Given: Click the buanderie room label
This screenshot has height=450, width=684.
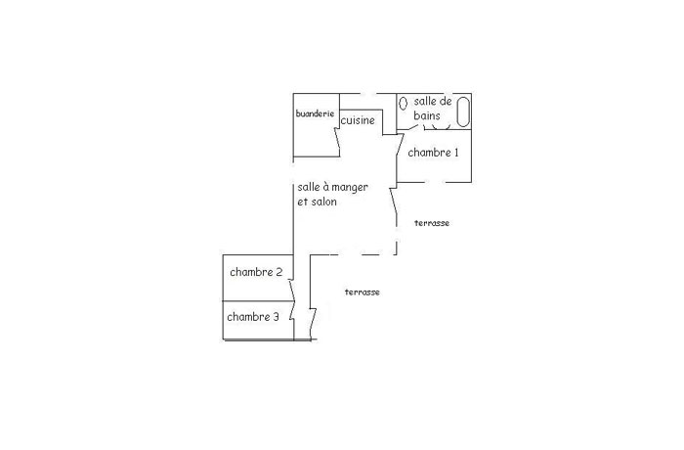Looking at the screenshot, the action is pyautogui.click(x=315, y=113).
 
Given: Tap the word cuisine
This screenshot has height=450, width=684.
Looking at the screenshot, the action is pyautogui.click(x=358, y=120).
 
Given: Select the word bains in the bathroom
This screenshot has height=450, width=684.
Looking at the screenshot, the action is pyautogui.click(x=427, y=115).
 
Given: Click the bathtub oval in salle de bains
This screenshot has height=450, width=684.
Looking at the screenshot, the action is pyautogui.click(x=463, y=112).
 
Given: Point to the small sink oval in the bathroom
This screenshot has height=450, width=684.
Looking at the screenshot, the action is pyautogui.click(x=404, y=103).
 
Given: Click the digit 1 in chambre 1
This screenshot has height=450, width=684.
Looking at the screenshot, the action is pyautogui.click(x=456, y=153).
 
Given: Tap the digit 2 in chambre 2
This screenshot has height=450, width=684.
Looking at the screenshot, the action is pyautogui.click(x=279, y=272).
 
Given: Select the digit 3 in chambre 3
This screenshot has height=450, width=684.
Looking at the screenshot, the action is pyautogui.click(x=276, y=317).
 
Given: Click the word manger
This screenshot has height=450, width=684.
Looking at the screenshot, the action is pyautogui.click(x=350, y=188).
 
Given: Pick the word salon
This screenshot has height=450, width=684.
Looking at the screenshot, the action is pyautogui.click(x=323, y=202).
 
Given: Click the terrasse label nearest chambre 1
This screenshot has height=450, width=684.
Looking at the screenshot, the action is pyautogui.click(x=432, y=223).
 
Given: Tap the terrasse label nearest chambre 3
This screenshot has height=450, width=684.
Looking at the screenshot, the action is pyautogui.click(x=363, y=292).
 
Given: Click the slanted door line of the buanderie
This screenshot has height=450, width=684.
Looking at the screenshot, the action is pyautogui.click(x=337, y=142).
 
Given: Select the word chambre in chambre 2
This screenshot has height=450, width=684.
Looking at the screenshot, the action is pyautogui.click(x=251, y=272).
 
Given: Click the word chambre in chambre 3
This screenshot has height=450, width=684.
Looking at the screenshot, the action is pyautogui.click(x=248, y=317).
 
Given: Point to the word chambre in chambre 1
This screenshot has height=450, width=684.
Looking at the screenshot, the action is pyautogui.click(x=429, y=153).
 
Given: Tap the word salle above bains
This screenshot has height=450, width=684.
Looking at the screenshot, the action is pyautogui.click(x=426, y=102).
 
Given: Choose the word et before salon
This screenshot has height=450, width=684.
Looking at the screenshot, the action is pyautogui.click(x=303, y=202).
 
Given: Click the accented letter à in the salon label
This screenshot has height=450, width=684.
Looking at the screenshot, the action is pyautogui.click(x=326, y=187).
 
